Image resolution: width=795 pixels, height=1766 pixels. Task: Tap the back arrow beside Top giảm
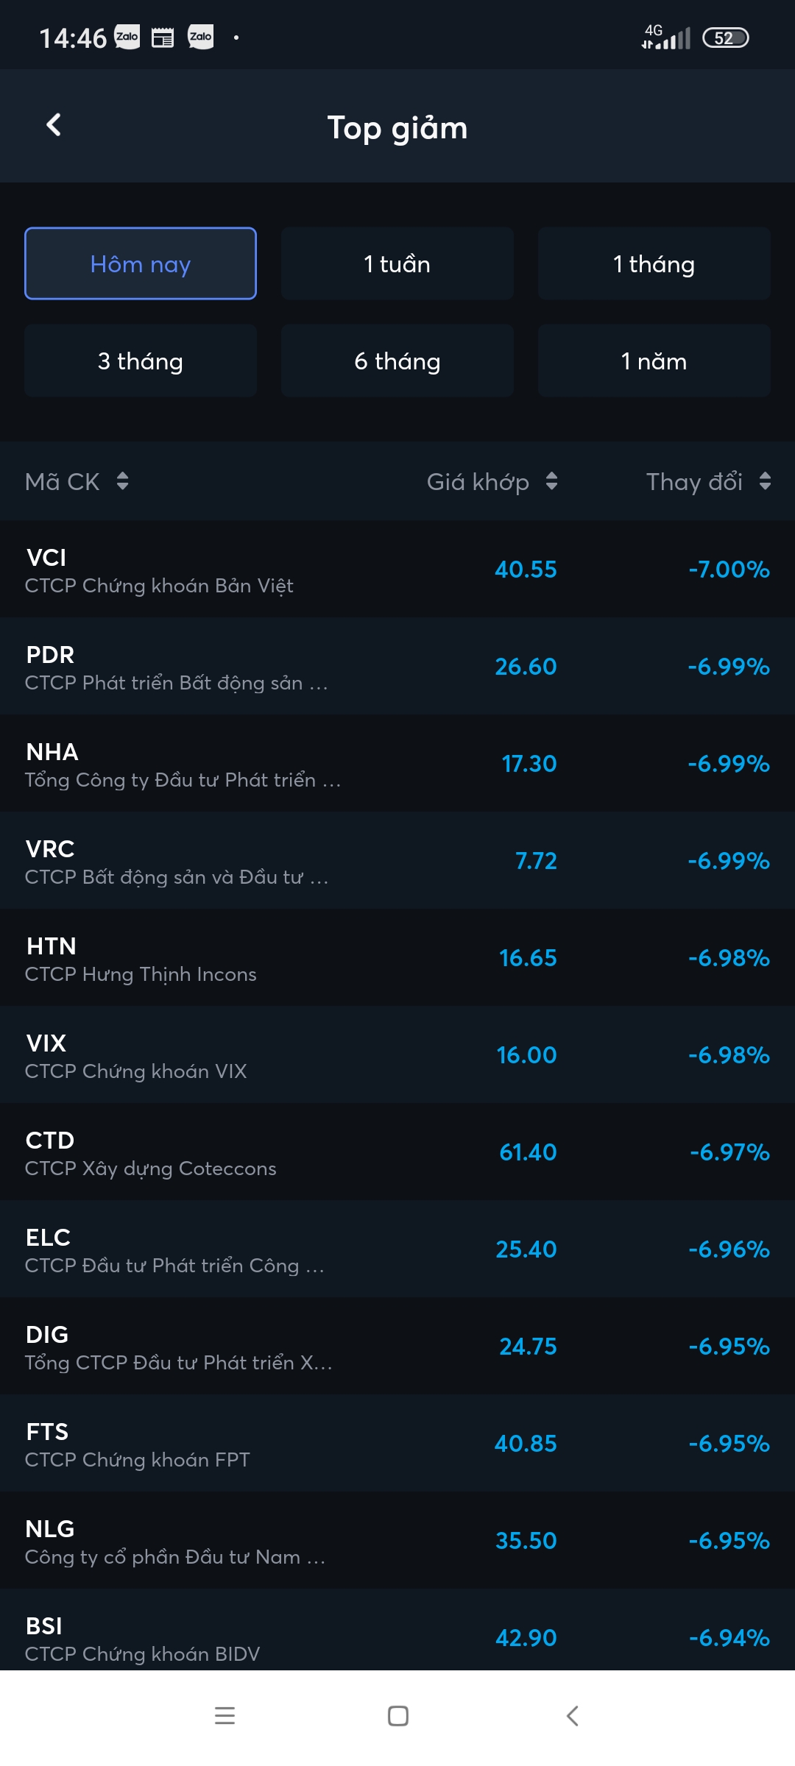click(54, 125)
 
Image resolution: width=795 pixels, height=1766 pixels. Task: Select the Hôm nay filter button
click(141, 263)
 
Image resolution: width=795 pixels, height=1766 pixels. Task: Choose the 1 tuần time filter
click(397, 263)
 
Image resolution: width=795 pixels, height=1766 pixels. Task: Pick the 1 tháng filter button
click(654, 263)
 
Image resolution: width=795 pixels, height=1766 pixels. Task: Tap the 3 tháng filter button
click(141, 361)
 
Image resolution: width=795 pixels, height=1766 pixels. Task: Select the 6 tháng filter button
click(397, 361)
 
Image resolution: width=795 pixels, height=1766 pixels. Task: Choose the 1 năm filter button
click(654, 361)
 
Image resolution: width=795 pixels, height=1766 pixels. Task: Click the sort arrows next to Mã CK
click(123, 481)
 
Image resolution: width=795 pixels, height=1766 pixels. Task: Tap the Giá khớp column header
click(478, 482)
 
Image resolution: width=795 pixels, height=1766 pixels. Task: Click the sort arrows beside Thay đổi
click(765, 481)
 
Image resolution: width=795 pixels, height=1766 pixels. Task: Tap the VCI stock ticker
click(46, 558)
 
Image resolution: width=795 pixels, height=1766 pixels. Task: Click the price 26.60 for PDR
click(526, 667)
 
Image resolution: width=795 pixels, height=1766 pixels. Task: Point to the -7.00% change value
click(729, 570)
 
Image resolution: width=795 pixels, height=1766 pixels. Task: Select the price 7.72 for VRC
click(536, 861)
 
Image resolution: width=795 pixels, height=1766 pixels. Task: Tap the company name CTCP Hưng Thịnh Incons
click(141, 974)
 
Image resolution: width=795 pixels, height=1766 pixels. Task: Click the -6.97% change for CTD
click(729, 1152)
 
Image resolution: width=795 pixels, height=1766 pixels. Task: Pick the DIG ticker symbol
click(47, 1335)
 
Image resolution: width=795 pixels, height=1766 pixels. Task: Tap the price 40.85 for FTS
click(526, 1444)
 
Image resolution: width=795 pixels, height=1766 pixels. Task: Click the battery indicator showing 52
click(725, 38)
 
